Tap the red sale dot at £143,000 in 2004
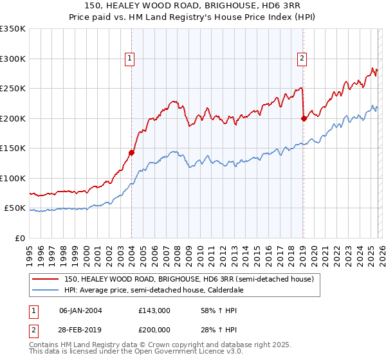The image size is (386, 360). click(131, 152)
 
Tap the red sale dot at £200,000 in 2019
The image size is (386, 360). click(304, 118)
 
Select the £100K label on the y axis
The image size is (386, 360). click(13, 179)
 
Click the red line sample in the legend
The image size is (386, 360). click(45, 279)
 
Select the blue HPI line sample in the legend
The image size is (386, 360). click(45, 290)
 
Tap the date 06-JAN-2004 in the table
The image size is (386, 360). click(80, 310)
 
